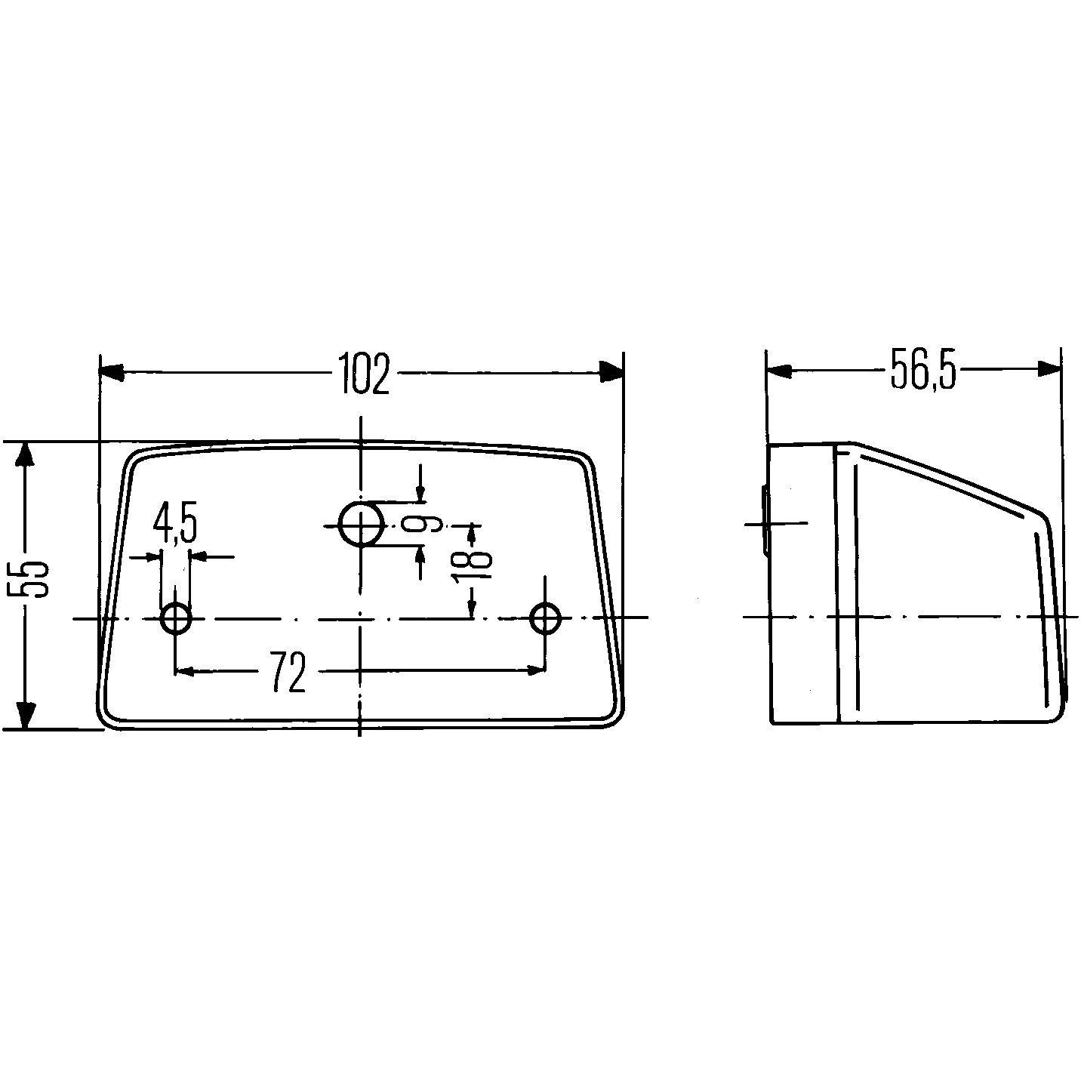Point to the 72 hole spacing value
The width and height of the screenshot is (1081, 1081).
coord(288,672)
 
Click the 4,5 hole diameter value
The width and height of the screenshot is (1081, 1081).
coord(174,524)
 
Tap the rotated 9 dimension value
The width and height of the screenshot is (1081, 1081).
coord(433,522)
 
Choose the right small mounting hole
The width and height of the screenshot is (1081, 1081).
coord(545,618)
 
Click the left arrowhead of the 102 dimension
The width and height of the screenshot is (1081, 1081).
coord(112,372)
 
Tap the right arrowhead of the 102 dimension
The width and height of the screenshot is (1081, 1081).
coord(611,371)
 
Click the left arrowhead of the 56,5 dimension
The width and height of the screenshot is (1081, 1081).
coord(778,370)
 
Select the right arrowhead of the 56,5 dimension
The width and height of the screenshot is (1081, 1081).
coord(1049,369)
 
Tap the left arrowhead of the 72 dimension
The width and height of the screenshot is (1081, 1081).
coord(184,670)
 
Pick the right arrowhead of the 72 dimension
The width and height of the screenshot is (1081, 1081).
coord(536,670)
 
